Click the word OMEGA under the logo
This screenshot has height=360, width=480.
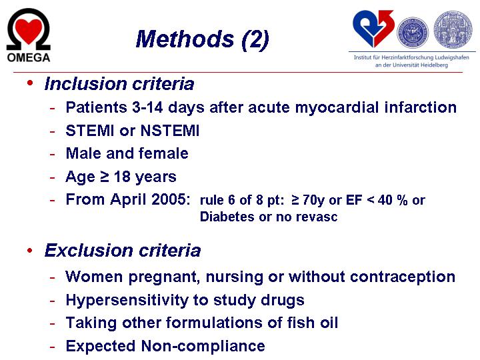pyautogui.click(x=29, y=57)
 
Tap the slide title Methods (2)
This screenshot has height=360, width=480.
pyautogui.click(x=203, y=39)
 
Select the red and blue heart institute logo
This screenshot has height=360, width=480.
pyautogui.click(x=373, y=29)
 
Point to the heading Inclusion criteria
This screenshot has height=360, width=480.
pyautogui.click(x=119, y=83)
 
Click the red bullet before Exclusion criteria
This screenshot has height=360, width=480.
pyautogui.click(x=30, y=251)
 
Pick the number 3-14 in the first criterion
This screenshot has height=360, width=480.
pyautogui.click(x=147, y=107)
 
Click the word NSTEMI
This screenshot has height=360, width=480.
pyautogui.click(x=170, y=131)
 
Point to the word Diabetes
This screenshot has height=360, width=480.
pyautogui.click(x=227, y=217)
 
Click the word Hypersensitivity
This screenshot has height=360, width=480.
pyautogui.click(x=127, y=301)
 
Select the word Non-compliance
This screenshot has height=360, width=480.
pyautogui.click(x=203, y=346)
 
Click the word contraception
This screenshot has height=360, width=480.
pyautogui.click(x=403, y=277)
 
